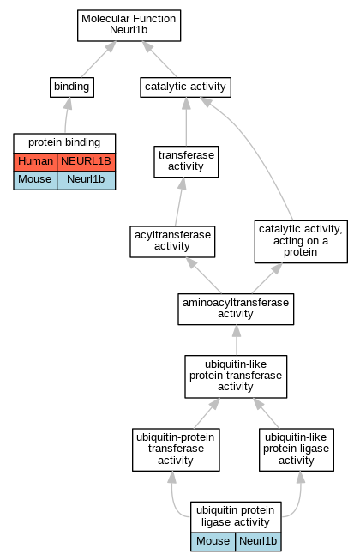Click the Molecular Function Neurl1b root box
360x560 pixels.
129,26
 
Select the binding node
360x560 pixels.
72,87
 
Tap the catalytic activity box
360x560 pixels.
185,87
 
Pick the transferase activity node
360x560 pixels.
186,161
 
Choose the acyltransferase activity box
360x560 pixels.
172,242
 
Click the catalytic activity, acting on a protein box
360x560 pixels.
301,242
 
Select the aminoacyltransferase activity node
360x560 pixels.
236,309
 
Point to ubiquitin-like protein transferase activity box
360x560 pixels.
236,376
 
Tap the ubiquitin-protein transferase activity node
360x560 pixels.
176,449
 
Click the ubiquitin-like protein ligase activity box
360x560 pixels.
297,449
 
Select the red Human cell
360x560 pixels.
35,162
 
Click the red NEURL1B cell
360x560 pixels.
86,162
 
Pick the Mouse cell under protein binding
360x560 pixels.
35,180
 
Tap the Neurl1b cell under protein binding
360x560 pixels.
86,180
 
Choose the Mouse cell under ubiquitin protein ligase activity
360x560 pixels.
213,541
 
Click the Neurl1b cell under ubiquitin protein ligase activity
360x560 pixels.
258,541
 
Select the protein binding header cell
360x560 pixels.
64,143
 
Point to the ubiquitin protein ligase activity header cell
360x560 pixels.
236,517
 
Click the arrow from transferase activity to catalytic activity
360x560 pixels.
186,122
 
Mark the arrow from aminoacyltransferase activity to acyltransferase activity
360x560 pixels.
203,275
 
